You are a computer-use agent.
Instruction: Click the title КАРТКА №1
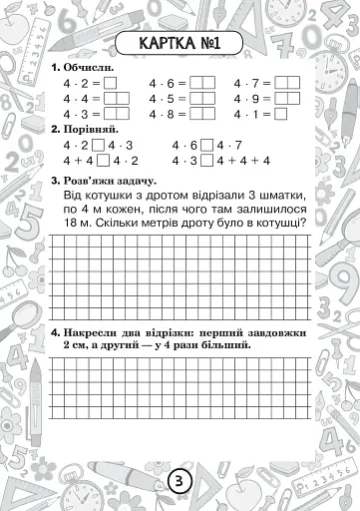[x=180, y=44]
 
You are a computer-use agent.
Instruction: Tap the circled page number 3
[x=179, y=479]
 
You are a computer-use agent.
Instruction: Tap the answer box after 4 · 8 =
[x=201, y=114]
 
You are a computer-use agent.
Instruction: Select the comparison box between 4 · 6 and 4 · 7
[x=206, y=146]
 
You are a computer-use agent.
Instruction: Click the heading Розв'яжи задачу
[x=105, y=179]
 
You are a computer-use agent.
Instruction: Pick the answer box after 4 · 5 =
[x=201, y=99]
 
